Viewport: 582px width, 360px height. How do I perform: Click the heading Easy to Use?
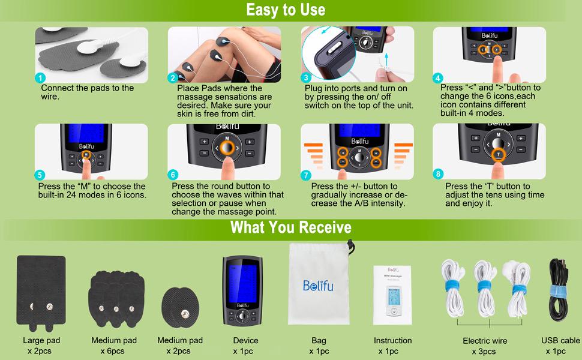click(290, 10)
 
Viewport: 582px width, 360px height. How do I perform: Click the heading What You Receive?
click(290, 227)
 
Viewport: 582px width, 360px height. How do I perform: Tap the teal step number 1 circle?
click(40, 78)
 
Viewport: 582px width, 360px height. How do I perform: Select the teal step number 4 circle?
click(438, 78)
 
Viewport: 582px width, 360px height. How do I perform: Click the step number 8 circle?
click(438, 174)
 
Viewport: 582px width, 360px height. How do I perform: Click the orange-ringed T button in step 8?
click(497, 155)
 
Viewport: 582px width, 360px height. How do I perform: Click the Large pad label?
click(41, 340)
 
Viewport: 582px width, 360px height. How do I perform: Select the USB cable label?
click(560, 340)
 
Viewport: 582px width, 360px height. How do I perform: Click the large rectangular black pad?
click(41, 288)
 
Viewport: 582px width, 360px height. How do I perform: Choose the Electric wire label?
click(485, 341)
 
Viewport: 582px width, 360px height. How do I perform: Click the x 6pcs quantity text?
click(113, 351)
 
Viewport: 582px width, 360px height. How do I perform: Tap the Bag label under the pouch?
click(319, 340)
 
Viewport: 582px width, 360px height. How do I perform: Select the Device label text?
click(245, 340)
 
